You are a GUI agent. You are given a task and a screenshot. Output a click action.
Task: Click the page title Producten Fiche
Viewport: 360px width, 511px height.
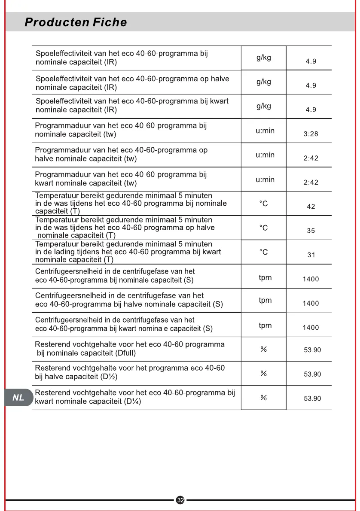click(x=76, y=22)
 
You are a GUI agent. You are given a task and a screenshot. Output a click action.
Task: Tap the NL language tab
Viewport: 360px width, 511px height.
click(x=18, y=398)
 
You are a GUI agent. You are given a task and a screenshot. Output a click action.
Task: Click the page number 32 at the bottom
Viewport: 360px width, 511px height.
click(x=180, y=500)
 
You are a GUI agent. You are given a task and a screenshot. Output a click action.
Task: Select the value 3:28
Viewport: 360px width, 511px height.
click(x=311, y=134)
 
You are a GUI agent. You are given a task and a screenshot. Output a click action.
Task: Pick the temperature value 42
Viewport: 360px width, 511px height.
click(x=311, y=207)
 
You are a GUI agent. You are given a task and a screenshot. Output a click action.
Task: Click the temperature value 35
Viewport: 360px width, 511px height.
click(x=311, y=231)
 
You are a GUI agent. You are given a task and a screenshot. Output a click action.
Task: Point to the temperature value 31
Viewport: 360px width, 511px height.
click(x=311, y=255)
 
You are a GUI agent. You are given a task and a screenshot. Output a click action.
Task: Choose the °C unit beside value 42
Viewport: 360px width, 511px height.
click(x=263, y=204)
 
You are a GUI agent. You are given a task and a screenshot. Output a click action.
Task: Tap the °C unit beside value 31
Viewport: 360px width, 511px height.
click(x=263, y=252)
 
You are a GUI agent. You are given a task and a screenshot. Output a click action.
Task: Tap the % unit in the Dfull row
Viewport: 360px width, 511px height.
click(x=264, y=350)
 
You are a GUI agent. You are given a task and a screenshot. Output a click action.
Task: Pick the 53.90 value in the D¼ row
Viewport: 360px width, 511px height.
click(x=312, y=398)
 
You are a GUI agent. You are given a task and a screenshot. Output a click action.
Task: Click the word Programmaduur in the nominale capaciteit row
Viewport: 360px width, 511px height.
click(x=62, y=126)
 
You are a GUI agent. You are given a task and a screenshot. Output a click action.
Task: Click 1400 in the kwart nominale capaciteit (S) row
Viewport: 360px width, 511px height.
click(x=311, y=328)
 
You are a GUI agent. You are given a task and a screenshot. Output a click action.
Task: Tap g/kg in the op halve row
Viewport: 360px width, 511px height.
click(x=264, y=82)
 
